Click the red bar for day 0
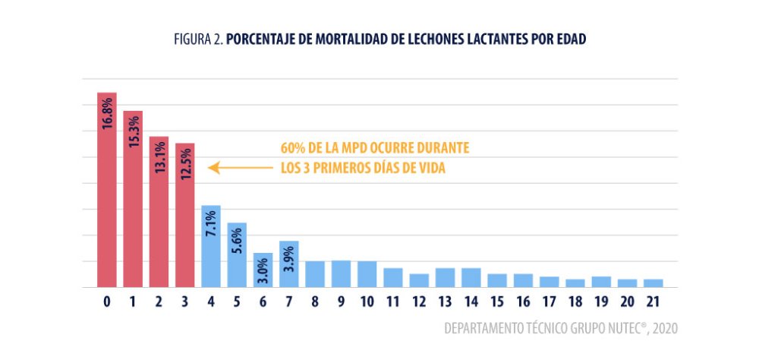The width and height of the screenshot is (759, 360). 107,190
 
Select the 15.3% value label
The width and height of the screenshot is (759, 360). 133,131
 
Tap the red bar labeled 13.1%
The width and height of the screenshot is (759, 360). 159,213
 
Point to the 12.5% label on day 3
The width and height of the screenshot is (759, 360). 185,163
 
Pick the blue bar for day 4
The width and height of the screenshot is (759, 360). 211,247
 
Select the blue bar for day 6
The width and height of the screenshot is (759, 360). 263,270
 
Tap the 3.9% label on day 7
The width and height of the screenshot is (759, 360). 289,258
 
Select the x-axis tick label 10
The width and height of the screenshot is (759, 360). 367,302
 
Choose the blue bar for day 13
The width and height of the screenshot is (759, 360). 445,278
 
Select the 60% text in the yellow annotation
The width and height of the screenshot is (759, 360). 293,148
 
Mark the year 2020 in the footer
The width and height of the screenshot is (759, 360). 663,329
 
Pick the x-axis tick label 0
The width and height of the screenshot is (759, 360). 107,302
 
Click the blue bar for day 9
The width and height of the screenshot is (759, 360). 341,274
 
